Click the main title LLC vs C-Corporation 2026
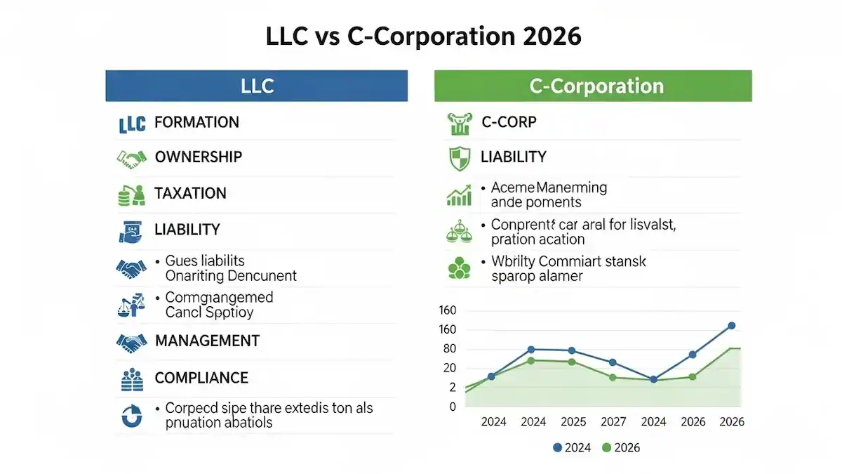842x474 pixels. click(x=424, y=36)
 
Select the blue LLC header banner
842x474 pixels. click(x=256, y=86)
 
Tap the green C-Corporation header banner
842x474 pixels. click(x=593, y=86)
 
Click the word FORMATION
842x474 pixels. click(x=196, y=122)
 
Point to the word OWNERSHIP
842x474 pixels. click(x=199, y=157)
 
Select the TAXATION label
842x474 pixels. click(x=190, y=194)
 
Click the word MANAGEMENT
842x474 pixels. click(x=207, y=341)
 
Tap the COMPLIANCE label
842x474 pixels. click(x=201, y=378)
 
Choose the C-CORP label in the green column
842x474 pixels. click(x=509, y=122)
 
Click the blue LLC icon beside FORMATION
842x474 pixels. click(x=131, y=124)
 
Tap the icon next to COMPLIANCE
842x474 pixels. click(x=131, y=379)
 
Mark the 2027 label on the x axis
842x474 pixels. click(x=613, y=422)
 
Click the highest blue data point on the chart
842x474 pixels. click(x=731, y=326)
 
